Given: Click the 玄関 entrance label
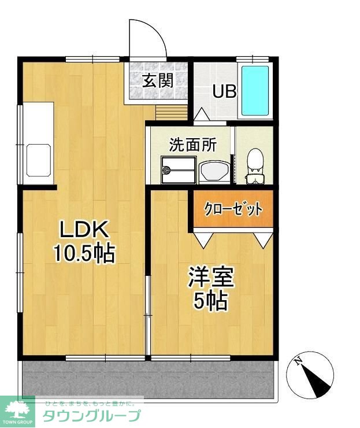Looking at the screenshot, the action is coord(158,81).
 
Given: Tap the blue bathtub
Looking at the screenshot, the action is coord(255,91).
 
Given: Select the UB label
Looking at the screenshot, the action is coord(224,91).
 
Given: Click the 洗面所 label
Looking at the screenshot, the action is coord(193,145).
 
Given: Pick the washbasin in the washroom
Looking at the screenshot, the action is coord(214,171).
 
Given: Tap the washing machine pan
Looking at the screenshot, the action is coord(179,170).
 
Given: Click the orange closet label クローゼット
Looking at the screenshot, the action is coord(233,209).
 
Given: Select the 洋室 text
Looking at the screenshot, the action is coord(211,276).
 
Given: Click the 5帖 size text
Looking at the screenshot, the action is coord(211,301).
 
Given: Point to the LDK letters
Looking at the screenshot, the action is coord(83,229).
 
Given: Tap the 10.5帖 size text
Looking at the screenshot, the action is coord(84,253).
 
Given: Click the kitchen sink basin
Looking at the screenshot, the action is coord(39,160).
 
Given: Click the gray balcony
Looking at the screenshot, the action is coord(147,380).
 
